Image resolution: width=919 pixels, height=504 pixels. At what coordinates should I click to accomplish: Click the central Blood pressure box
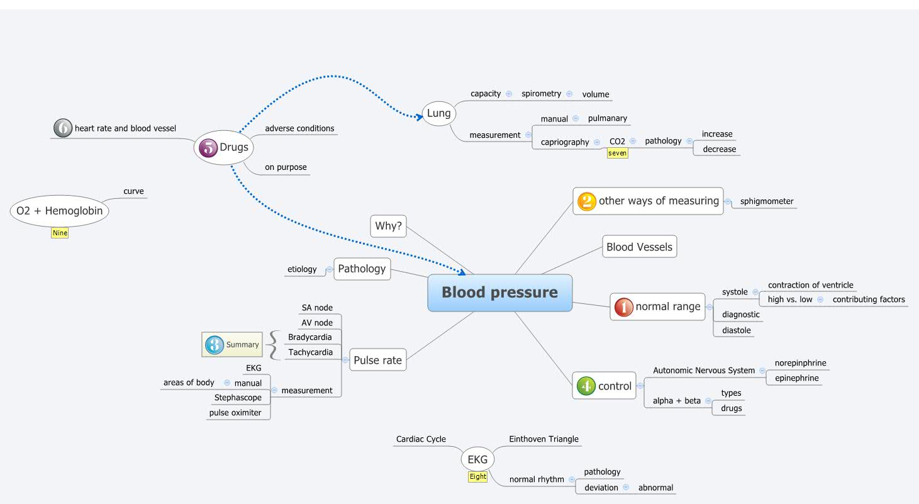pyautogui.click(x=499, y=293)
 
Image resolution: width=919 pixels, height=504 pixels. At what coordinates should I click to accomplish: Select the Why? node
pyautogui.click(x=388, y=226)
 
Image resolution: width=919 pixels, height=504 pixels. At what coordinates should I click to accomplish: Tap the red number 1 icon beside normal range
pyautogui.click(x=623, y=307)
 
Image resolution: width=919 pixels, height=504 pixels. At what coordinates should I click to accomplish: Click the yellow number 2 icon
pyautogui.click(x=586, y=201)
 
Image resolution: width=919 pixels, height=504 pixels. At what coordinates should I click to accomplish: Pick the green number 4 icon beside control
pyautogui.click(x=586, y=386)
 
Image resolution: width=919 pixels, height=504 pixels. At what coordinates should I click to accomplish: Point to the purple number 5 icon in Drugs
pyautogui.click(x=208, y=148)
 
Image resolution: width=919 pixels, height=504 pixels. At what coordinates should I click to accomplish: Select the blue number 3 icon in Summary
pyautogui.click(x=214, y=344)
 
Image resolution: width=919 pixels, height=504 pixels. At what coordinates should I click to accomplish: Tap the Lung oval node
pyautogui.click(x=438, y=113)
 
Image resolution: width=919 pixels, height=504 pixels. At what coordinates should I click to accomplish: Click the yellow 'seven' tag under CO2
pyautogui.click(x=617, y=153)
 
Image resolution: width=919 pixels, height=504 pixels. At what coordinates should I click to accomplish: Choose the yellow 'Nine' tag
pyautogui.click(x=60, y=233)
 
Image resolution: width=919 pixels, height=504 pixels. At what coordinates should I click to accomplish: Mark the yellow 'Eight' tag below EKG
pyautogui.click(x=477, y=476)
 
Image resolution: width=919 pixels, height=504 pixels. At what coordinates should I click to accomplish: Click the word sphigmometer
pyautogui.click(x=766, y=201)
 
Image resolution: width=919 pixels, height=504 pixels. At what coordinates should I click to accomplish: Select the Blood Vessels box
pyautogui.click(x=639, y=247)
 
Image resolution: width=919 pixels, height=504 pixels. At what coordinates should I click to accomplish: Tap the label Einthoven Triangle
pyautogui.click(x=543, y=439)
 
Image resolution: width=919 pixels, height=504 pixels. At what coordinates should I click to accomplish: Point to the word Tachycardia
pyautogui.click(x=310, y=352)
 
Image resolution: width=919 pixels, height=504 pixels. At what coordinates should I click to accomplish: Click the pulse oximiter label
pyautogui.click(x=235, y=413)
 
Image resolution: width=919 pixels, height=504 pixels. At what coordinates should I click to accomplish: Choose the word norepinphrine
pyautogui.click(x=800, y=363)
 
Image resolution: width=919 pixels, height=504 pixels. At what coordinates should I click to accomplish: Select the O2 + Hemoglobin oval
pyautogui.click(x=60, y=211)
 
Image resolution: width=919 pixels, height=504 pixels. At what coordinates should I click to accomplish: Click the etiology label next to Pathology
pyautogui.click(x=302, y=269)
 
